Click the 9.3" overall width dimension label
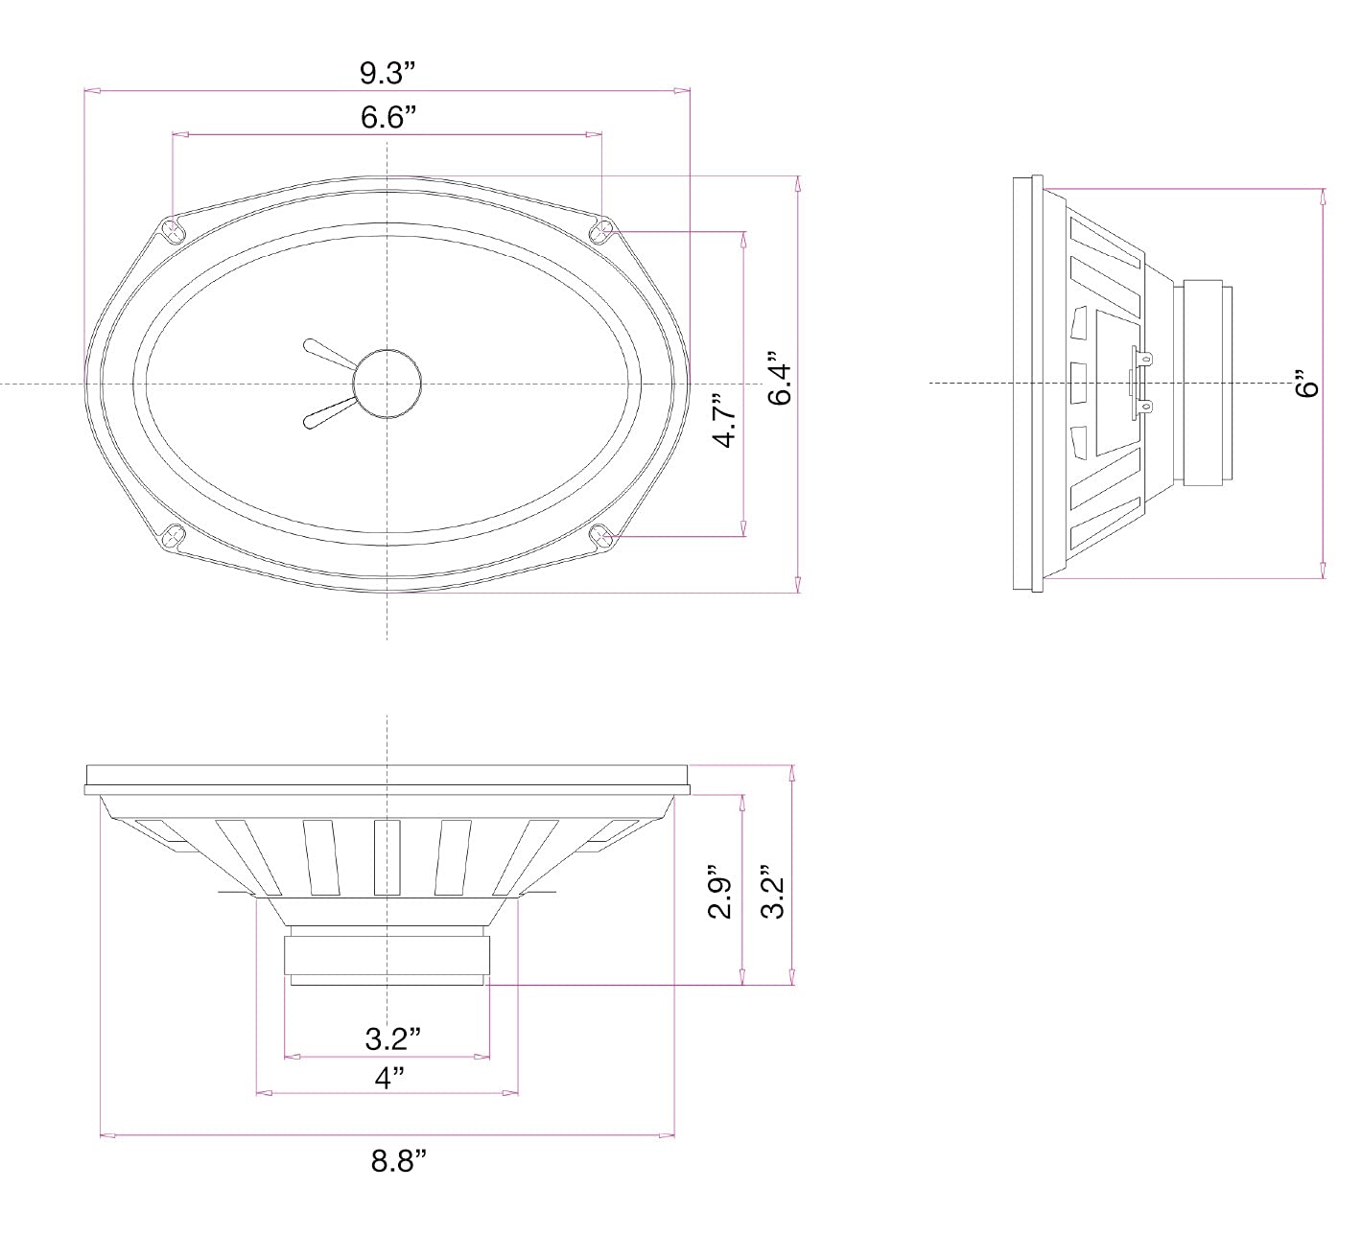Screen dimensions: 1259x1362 tap(387, 73)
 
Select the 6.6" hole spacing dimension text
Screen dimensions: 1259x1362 tap(387, 118)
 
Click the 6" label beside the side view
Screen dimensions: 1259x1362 tap(1307, 384)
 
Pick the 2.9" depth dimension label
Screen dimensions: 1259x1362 tap(720, 896)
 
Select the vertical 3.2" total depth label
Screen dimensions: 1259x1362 tap(773, 896)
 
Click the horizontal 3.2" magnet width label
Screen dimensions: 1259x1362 tap(392, 1038)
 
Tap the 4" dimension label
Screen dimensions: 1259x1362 tap(387, 1077)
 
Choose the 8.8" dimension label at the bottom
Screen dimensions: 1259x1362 tap(398, 1161)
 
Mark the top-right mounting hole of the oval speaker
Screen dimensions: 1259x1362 tap(603, 231)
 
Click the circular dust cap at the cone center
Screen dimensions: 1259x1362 tap(387, 384)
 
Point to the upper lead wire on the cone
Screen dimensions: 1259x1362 tap(326, 354)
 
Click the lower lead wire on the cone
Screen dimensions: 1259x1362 tap(326, 413)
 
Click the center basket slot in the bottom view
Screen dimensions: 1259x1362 tap(387, 857)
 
